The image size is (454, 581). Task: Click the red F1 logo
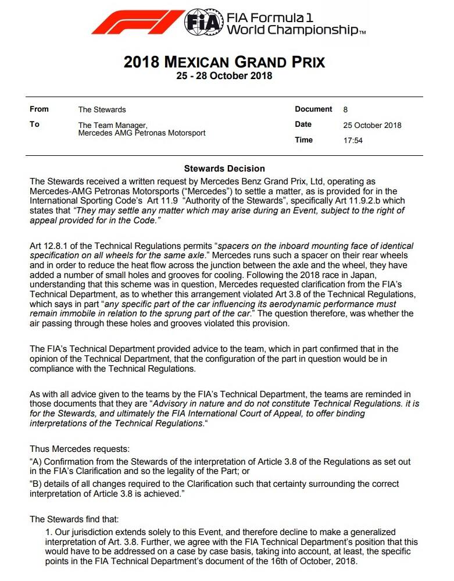tap(137, 22)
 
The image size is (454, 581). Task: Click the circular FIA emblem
tap(203, 23)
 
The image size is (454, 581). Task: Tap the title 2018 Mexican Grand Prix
tap(224, 62)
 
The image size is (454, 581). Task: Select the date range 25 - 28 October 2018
tap(224, 76)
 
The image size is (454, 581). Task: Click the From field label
tap(39, 109)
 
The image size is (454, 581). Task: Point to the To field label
tap(34, 124)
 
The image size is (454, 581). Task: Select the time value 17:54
tap(353, 140)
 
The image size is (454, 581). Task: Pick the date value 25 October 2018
tap(372, 125)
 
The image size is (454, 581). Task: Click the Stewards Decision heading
tap(224, 169)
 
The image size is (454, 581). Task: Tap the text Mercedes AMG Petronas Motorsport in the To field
tap(142, 133)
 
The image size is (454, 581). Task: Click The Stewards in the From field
tap(102, 109)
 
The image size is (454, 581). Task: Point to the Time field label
tap(304, 140)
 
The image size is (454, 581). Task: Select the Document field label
tap(313, 109)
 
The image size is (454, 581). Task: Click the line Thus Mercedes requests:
tap(80, 449)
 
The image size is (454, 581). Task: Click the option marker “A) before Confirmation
tap(36, 462)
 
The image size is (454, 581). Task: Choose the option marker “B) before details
tap(36, 484)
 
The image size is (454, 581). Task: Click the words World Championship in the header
tap(295, 30)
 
